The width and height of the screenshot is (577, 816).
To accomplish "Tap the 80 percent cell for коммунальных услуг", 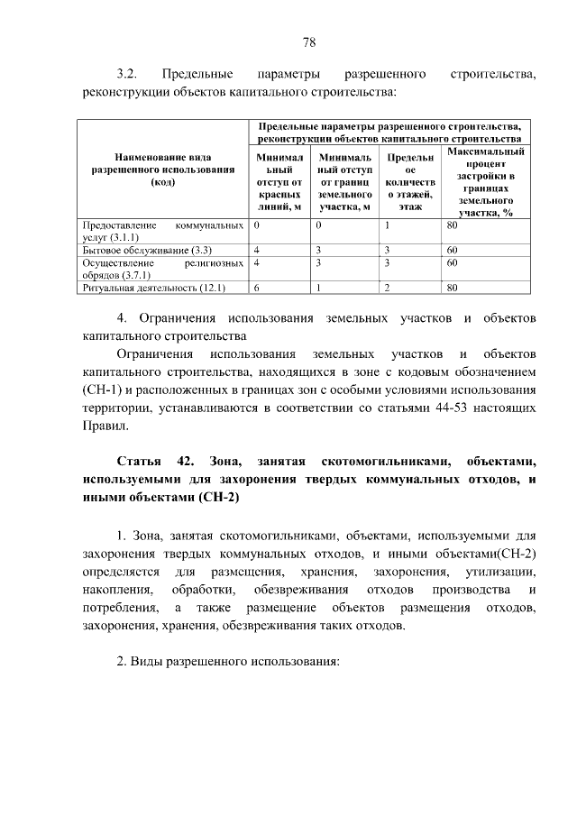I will [x=453, y=224].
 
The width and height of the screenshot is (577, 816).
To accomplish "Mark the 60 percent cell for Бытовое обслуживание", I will [x=453, y=249].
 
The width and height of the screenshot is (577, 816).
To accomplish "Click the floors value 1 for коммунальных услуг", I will [x=386, y=224].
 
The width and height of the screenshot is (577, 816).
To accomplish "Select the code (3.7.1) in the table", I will [x=133, y=275].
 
